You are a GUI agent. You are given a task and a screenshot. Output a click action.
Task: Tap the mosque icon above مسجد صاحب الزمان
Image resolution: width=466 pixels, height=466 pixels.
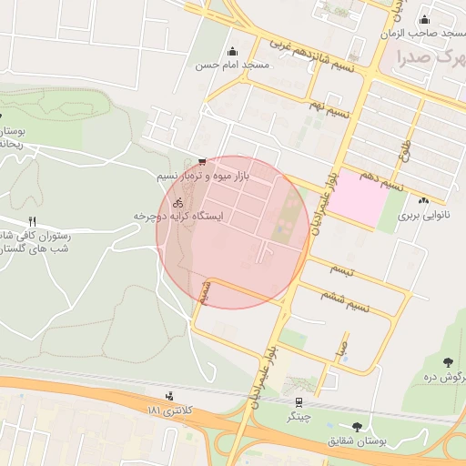click(x=424, y=20)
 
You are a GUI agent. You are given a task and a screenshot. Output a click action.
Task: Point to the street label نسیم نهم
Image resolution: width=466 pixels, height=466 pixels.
click(x=329, y=107)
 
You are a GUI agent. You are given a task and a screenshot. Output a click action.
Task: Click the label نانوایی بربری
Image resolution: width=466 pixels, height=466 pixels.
click(x=423, y=216)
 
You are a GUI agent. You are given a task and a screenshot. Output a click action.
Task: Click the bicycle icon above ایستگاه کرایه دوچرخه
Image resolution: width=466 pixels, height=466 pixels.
click(x=177, y=202)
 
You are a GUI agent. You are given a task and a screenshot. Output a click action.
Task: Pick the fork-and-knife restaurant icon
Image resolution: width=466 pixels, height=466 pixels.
click(x=33, y=221)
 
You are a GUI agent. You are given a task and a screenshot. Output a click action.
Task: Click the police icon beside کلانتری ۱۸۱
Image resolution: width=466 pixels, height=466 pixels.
click(x=169, y=396)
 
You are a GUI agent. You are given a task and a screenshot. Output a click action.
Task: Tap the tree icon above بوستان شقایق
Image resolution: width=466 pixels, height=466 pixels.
click(x=355, y=426)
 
